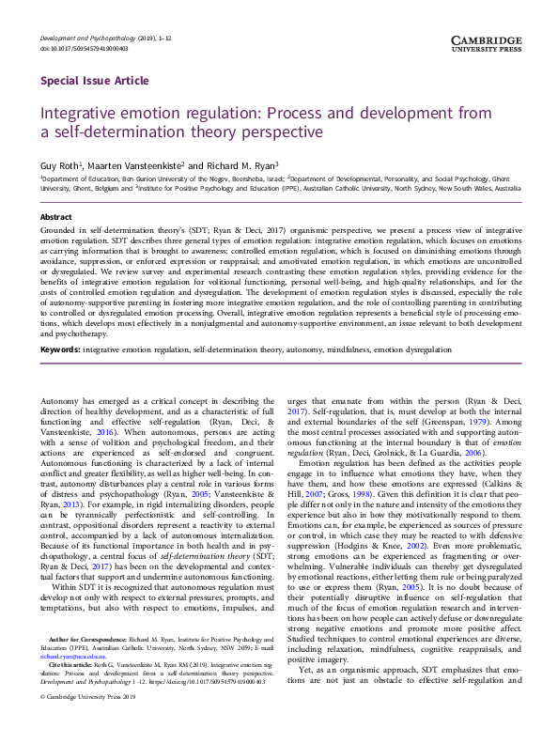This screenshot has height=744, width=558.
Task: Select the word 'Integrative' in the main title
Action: point(85,113)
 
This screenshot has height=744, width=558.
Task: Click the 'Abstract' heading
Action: point(56,216)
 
